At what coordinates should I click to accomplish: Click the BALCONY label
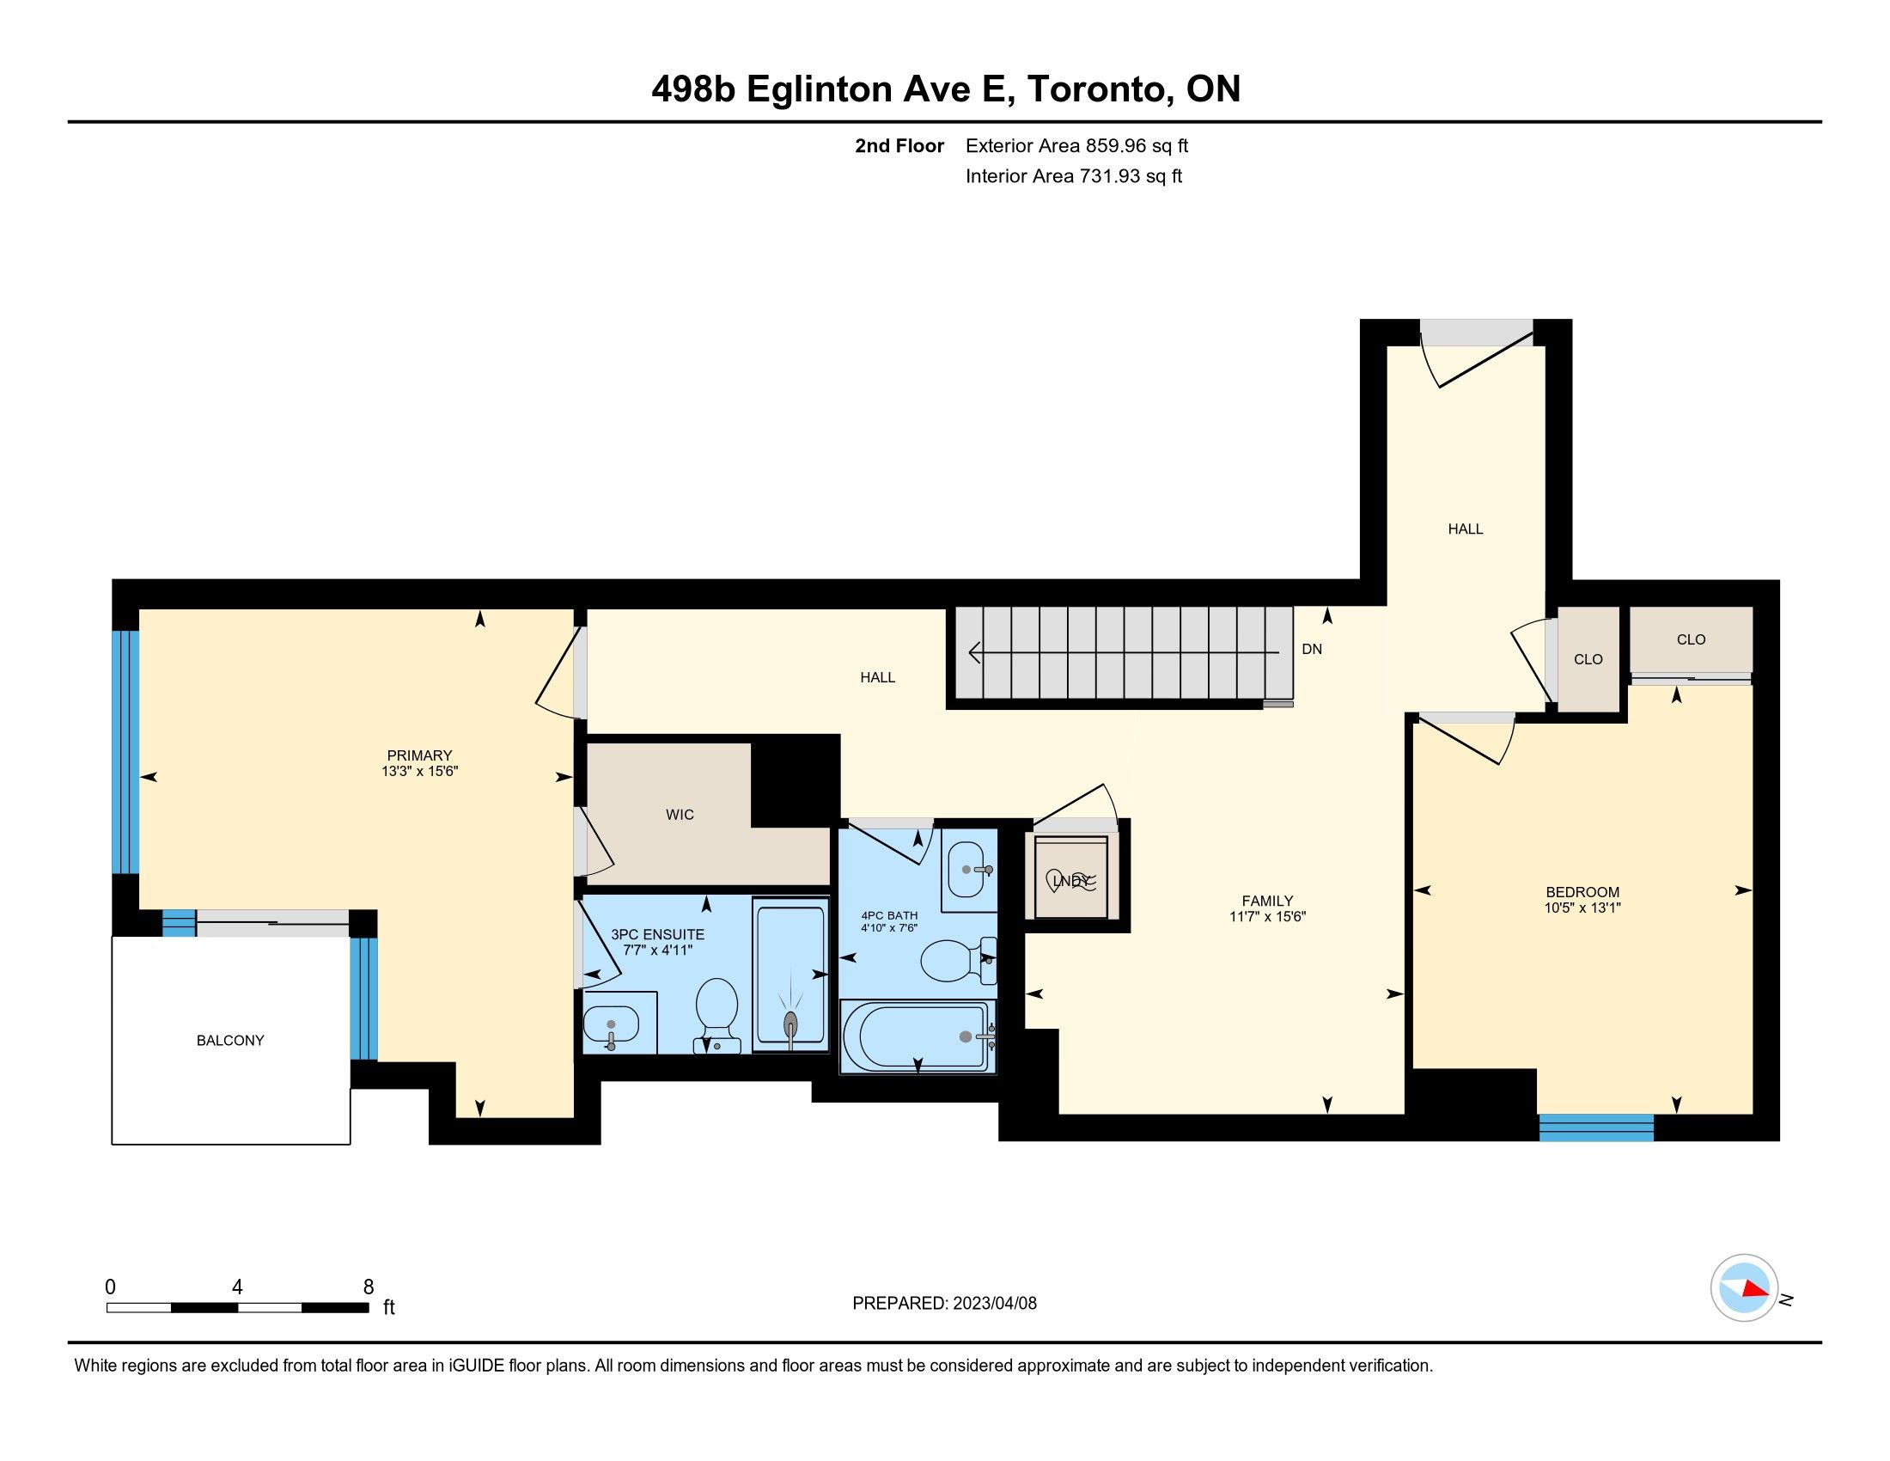(x=230, y=1041)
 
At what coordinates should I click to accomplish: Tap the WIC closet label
(x=680, y=815)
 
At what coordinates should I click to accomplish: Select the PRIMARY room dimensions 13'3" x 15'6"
(x=420, y=771)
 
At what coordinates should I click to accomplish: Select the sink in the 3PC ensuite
(x=611, y=1027)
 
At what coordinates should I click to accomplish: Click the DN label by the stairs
(x=1312, y=649)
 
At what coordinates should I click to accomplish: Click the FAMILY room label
(x=1267, y=901)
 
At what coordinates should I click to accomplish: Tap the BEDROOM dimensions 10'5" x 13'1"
(x=1582, y=908)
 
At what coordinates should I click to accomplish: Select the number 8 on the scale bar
(x=369, y=1287)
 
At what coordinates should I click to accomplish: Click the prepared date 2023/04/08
(x=994, y=1304)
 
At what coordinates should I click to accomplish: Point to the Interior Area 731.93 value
(x=1110, y=176)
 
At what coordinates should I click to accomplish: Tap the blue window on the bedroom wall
(x=1597, y=1128)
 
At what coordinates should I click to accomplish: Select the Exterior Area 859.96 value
(x=1116, y=146)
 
